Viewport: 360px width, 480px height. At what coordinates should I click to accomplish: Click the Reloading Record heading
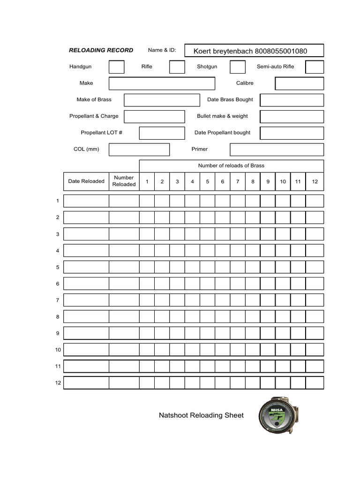(101, 50)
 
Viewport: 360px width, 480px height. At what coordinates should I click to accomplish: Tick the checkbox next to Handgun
(116, 67)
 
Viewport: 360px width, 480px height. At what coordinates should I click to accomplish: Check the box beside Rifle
(177, 67)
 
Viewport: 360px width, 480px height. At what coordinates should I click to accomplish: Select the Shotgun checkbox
(237, 67)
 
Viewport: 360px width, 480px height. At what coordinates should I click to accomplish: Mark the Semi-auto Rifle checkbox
(315, 67)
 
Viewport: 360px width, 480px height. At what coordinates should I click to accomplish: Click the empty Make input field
(162, 83)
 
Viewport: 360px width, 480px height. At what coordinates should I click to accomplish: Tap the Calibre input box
(299, 83)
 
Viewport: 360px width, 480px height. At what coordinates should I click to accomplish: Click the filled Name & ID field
(254, 51)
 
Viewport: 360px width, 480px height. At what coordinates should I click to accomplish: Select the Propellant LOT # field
(162, 133)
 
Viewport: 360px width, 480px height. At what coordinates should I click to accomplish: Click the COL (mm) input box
(139, 150)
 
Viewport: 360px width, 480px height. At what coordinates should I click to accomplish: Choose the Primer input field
(277, 150)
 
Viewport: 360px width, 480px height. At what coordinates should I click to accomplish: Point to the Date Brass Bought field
(292, 100)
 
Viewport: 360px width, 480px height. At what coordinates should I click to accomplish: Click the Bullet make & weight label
(222, 116)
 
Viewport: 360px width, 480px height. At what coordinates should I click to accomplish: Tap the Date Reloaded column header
(86, 181)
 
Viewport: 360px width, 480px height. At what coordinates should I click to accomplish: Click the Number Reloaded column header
(124, 181)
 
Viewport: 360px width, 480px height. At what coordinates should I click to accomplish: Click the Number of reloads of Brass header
(231, 165)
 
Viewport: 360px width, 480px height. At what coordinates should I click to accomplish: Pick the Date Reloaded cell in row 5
(86, 267)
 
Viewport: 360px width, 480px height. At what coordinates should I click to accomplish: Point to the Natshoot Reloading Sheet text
(201, 415)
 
